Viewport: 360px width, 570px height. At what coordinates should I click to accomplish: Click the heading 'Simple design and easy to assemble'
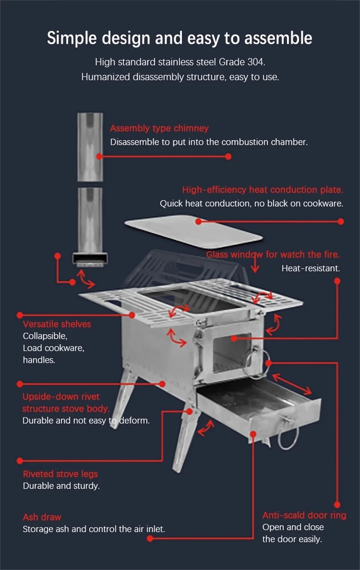pyautogui.click(x=180, y=38)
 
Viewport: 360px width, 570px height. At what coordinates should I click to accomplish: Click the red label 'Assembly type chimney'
pyautogui.click(x=159, y=128)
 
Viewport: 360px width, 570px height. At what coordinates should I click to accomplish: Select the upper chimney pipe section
pyautogui.click(x=90, y=147)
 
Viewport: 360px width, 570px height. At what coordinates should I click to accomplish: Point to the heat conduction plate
pyautogui.click(x=193, y=232)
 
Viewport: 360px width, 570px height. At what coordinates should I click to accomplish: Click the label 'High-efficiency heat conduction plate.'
pyautogui.click(x=262, y=190)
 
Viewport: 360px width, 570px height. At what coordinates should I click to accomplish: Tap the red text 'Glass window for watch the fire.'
pyautogui.click(x=273, y=254)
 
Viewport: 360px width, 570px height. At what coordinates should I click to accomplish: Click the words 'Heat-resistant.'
pyautogui.click(x=310, y=268)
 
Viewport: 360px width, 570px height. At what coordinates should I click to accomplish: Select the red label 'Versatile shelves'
pyautogui.click(x=57, y=324)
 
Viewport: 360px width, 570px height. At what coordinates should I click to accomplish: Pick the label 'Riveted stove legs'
pyautogui.click(x=60, y=474)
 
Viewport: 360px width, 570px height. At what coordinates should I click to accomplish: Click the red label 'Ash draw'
pyautogui.click(x=42, y=517)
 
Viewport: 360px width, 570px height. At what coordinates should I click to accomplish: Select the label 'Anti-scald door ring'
pyautogui.click(x=304, y=515)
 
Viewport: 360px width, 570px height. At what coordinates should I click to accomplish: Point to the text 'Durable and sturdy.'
pyautogui.click(x=61, y=486)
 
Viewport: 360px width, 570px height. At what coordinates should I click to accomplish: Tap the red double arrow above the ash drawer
pyautogui.click(x=292, y=384)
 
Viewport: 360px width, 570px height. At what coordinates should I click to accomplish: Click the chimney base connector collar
pyautogui.click(x=90, y=259)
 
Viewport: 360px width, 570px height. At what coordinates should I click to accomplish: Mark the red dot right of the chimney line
pyautogui.click(x=228, y=157)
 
